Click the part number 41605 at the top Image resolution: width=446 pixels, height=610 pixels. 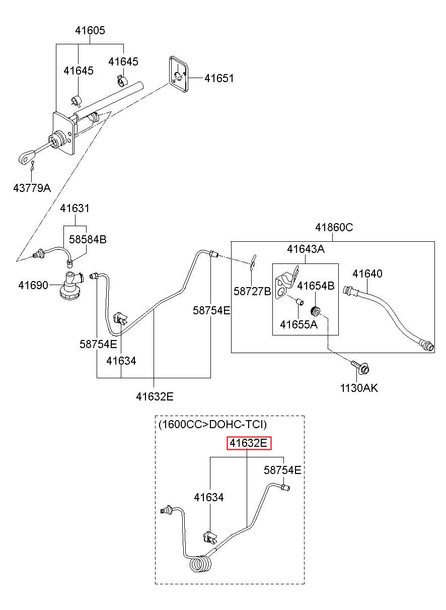pos(90,31)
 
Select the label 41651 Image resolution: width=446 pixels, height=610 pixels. pos(219,79)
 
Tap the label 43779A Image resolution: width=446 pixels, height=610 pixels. pos(32,188)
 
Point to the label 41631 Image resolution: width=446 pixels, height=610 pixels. pos(75,209)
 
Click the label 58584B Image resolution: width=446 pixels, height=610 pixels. pos(88,240)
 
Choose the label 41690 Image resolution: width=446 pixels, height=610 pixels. pos(33,286)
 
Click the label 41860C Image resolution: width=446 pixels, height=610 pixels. pos(334,227)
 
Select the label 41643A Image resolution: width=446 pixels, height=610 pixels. pos(306,249)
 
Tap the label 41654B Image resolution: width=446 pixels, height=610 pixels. pos(316,286)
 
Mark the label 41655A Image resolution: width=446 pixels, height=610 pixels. pos(299,324)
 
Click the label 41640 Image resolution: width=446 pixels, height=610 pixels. pos(367,274)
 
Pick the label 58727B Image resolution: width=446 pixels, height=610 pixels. pos(252,291)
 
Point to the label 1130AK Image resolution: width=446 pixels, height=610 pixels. pos(359,388)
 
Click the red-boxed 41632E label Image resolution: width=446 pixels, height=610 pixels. pos(249,443)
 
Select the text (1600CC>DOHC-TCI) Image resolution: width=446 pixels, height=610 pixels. pos(212,424)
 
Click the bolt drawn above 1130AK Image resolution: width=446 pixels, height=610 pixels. pos(360,367)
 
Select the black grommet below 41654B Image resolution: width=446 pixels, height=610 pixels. pos(316,311)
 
